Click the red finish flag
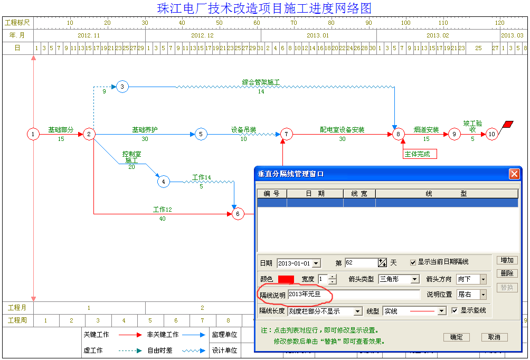click(507, 125)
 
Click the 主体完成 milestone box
click(420, 154)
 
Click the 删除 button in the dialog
click(507, 273)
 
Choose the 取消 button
click(494, 337)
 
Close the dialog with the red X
click(514, 174)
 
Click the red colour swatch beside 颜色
click(286, 279)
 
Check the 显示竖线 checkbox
click(455, 310)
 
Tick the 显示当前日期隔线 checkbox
click(413, 262)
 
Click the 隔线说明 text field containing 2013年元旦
click(354, 295)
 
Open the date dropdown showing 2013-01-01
click(316, 263)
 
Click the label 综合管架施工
click(261, 82)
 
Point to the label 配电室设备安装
click(342, 130)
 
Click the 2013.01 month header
click(318, 35)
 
